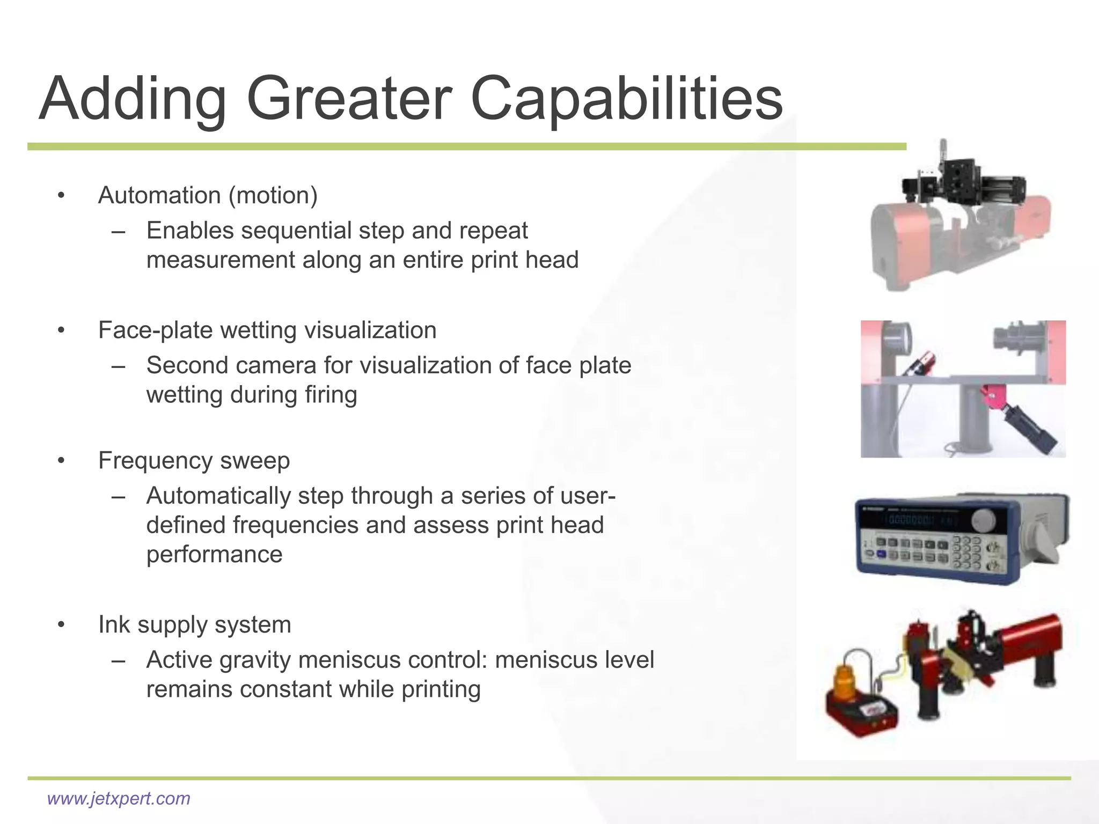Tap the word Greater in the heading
pos(349,100)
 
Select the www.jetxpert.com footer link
pos(119,798)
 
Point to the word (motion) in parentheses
pos(273,195)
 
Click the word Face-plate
pos(156,330)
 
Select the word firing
pos(331,395)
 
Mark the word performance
pos(214,555)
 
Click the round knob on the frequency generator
pos(984,519)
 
